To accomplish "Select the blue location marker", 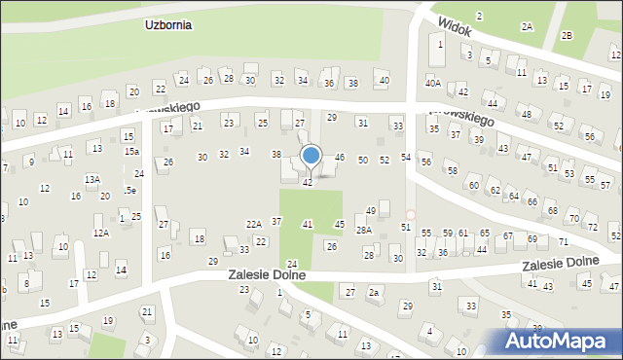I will coord(311,156).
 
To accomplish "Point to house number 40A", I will coord(432,83).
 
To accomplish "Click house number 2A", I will coord(527,27).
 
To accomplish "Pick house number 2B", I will coord(568,35).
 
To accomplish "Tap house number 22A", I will coord(253,225).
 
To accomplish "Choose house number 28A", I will coord(363,231).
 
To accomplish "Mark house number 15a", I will coord(130,152).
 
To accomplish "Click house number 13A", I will coord(92,180).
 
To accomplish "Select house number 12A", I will coord(100,234).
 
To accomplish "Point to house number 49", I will coord(371,211).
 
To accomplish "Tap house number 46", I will coord(340,157).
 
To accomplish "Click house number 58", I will coord(452,171).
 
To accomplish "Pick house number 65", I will coord(485,234).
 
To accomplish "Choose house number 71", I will coord(564,240).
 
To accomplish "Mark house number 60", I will coord(474,185).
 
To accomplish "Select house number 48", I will coord(526,115).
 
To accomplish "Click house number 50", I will coord(363,160).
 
